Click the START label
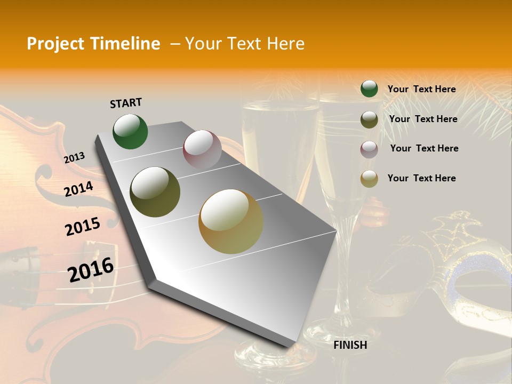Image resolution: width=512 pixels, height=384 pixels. pyautogui.click(x=126, y=103)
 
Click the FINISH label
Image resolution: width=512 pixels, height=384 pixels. pyautogui.click(x=350, y=345)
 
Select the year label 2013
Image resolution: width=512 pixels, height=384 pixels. pyautogui.click(x=74, y=158)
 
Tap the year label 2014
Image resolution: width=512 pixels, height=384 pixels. pyautogui.click(x=79, y=189)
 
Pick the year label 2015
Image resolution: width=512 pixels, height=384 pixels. pyautogui.click(x=83, y=227)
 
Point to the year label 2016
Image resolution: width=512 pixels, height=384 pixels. pyautogui.click(x=91, y=270)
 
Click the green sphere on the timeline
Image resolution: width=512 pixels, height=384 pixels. pyautogui.click(x=130, y=132)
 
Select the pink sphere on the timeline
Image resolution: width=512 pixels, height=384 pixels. pyautogui.click(x=202, y=149)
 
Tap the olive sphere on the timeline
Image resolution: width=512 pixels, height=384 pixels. pyautogui.click(x=155, y=192)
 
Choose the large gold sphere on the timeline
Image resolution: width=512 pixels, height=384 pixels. pyautogui.click(x=230, y=221)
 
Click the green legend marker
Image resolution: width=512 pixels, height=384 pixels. pyautogui.click(x=369, y=89)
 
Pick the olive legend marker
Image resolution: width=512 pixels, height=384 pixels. pyautogui.click(x=369, y=119)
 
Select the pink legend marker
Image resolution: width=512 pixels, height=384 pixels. pyautogui.click(x=369, y=149)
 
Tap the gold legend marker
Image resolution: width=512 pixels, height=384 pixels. pyautogui.click(x=369, y=179)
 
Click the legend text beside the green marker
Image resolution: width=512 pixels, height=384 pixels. pyautogui.click(x=421, y=90)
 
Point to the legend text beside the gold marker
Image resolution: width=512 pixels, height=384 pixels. pyautogui.click(x=421, y=178)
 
